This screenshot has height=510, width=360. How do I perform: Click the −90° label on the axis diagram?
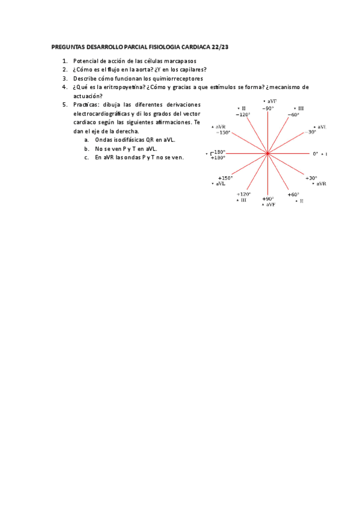click(268, 108)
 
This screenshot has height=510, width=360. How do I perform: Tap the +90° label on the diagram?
click(268, 198)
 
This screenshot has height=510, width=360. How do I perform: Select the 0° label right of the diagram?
click(315, 153)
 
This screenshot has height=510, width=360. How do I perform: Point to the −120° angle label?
click(243, 114)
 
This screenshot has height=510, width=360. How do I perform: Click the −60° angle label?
click(293, 114)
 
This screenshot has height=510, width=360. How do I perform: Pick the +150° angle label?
click(225, 178)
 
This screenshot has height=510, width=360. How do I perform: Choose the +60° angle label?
click(293, 194)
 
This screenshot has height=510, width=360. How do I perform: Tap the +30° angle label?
click(311, 178)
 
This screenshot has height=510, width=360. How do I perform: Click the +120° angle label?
click(243, 194)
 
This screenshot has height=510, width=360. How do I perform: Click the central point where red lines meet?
click(268, 154)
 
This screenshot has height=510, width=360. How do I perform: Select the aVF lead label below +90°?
click(269, 205)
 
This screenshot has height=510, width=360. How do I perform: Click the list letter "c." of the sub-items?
click(87, 158)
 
